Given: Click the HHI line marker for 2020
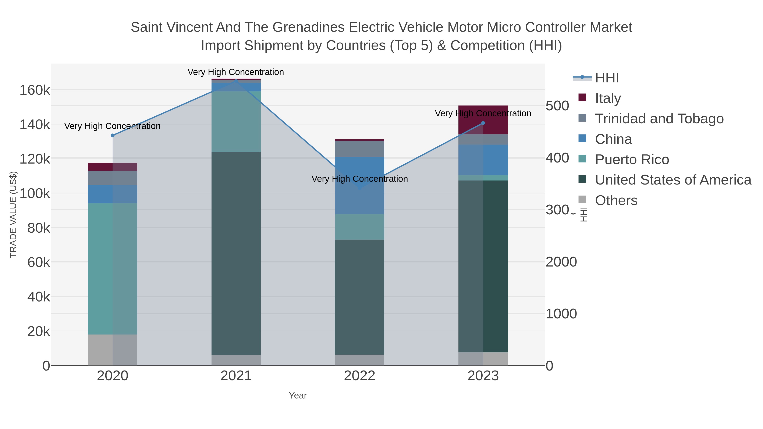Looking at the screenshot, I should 113,135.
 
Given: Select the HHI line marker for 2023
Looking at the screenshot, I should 483,123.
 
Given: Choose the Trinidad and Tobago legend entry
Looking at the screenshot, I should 659,119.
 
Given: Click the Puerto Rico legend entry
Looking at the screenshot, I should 632,160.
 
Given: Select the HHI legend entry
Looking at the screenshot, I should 607,78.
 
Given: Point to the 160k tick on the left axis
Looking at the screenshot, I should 35,90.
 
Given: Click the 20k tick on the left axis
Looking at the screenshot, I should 39,332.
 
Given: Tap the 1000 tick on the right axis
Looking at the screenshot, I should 561,314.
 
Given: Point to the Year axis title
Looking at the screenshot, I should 298,396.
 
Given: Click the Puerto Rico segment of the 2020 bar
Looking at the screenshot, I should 113,269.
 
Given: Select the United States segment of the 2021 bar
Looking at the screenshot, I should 236,253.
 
